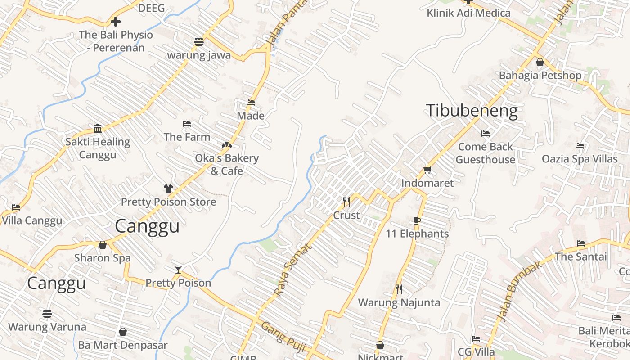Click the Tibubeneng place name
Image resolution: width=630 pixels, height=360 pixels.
[472, 111]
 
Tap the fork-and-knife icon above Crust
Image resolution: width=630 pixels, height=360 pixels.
[346, 202]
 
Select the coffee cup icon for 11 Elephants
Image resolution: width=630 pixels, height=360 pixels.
[417, 220]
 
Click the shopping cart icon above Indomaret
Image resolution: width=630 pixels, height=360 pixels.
[427, 170]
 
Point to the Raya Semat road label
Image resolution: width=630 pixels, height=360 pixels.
[292, 270]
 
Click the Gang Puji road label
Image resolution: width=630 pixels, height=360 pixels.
[283, 338]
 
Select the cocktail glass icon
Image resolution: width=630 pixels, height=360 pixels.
[178, 270]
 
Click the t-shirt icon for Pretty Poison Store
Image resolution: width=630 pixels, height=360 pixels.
[168, 188]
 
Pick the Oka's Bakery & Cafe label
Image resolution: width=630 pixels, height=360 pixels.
[227, 164]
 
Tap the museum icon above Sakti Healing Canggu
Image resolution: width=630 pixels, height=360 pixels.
[98, 129]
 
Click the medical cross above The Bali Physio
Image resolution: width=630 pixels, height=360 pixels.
[116, 21]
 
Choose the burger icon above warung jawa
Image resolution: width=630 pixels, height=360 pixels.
[199, 42]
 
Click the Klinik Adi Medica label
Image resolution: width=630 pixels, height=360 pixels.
[468, 13]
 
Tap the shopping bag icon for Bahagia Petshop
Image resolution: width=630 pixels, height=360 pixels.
[540, 62]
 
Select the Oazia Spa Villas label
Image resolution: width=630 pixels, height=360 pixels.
[580, 159]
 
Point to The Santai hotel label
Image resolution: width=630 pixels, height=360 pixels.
[580, 256]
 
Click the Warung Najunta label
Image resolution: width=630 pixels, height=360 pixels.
[399, 302]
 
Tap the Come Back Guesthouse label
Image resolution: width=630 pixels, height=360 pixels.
[485, 153]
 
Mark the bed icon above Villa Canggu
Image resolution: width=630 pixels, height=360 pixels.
[17, 207]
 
